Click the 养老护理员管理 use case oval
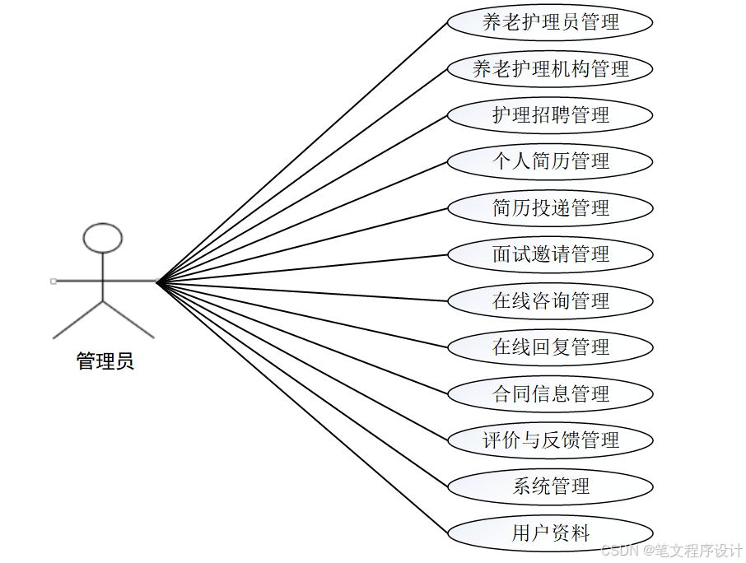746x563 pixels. coord(550,22)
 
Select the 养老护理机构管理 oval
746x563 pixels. coord(550,69)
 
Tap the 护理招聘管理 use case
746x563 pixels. coord(550,115)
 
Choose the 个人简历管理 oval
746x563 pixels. coord(550,161)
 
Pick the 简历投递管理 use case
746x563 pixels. coord(550,208)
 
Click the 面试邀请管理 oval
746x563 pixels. coord(550,254)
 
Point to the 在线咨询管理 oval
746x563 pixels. coord(550,301)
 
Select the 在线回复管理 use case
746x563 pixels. coord(550,347)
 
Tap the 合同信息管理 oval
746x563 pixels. coord(550,394)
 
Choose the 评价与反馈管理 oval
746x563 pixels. coord(550,440)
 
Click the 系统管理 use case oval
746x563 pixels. coord(550,486)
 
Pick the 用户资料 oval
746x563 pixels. coord(550,533)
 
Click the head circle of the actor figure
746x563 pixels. coord(103,238)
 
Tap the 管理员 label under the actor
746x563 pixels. coord(105,361)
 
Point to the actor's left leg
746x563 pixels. coord(77,320)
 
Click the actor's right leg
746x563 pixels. coord(129,320)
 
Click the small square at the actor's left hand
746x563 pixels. coord(54,281)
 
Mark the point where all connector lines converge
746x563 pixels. coord(157,282)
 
